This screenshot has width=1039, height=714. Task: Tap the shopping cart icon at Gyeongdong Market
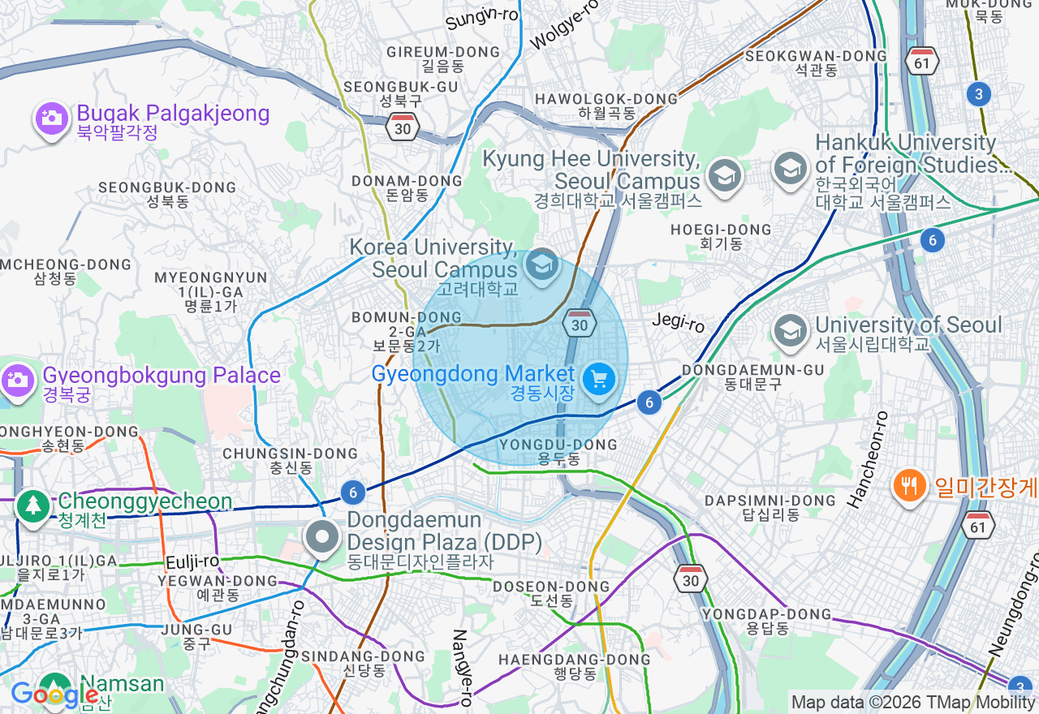[x=599, y=379]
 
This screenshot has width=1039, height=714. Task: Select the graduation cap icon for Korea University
[x=541, y=264]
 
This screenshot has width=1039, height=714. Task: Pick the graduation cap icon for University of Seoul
[x=789, y=330]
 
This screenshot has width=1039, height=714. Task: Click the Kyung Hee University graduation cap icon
[x=723, y=174]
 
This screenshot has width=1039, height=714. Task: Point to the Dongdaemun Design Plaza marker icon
[x=323, y=536]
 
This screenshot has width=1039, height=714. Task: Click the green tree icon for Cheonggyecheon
[x=33, y=507]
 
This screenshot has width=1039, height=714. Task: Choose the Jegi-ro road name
[x=679, y=323]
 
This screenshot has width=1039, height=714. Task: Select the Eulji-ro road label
[x=192, y=561]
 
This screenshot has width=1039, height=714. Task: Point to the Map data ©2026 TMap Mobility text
[x=912, y=702]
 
